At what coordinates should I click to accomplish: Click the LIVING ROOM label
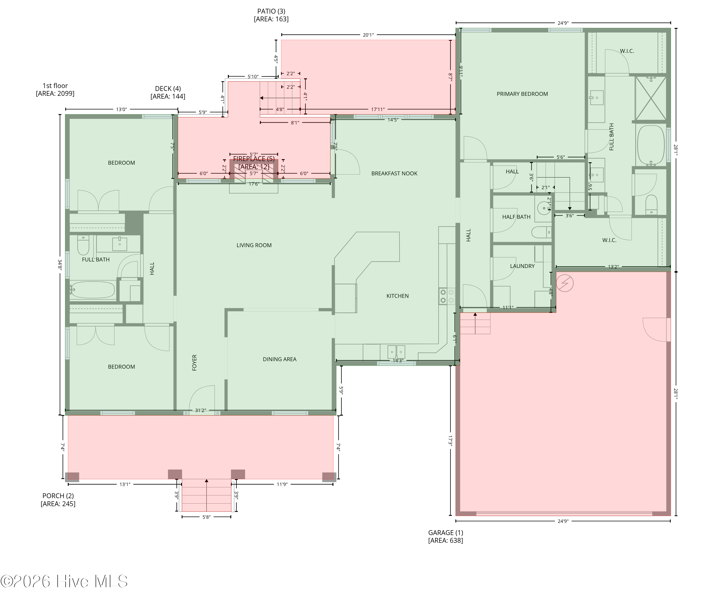click(254, 245)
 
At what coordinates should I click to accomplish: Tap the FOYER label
click(194, 362)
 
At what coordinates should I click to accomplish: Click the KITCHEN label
click(398, 296)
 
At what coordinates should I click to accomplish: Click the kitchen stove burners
click(447, 296)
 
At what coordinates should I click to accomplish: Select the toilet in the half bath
click(541, 232)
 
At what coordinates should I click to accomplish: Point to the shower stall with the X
click(651, 98)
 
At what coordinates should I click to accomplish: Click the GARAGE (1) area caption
click(446, 533)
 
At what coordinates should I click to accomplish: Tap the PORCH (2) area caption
click(58, 496)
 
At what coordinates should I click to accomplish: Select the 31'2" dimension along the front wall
click(200, 411)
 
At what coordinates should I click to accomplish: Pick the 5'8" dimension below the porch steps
click(206, 517)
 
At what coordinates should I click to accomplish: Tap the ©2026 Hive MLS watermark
click(64, 581)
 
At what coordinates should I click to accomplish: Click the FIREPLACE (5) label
click(254, 159)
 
